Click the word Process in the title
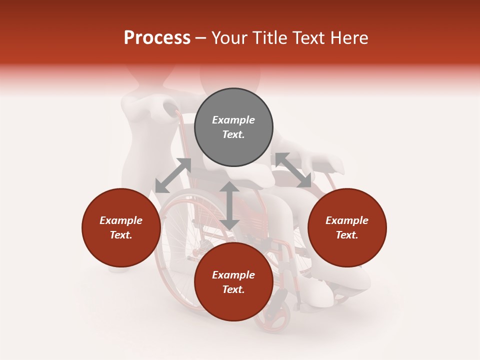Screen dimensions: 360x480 click(x=157, y=38)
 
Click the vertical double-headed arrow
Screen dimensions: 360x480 click(x=229, y=205)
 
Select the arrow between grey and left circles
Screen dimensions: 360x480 click(x=173, y=175)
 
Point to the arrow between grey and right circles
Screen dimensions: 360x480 click(x=293, y=170)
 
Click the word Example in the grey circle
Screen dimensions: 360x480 click(x=233, y=120)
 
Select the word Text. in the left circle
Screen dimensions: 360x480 click(x=121, y=235)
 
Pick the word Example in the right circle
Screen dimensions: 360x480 click(x=347, y=220)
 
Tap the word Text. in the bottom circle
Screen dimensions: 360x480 click(x=233, y=289)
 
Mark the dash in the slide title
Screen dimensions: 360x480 click(x=200, y=38)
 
